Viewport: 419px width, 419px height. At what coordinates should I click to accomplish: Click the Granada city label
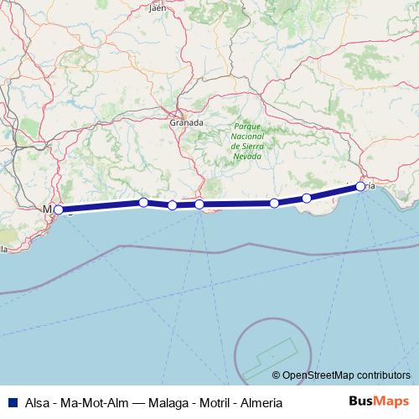(x=186, y=122)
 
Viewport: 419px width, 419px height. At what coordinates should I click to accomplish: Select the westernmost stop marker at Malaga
(x=58, y=209)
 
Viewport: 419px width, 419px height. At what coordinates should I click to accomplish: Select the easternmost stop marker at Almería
(x=360, y=186)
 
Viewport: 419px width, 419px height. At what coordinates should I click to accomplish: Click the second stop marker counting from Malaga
(x=143, y=202)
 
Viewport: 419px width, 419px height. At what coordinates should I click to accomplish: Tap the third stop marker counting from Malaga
(x=172, y=205)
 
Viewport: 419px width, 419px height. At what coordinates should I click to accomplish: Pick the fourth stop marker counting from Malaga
(x=199, y=204)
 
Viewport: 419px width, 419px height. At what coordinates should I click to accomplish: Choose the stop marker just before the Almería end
(x=307, y=198)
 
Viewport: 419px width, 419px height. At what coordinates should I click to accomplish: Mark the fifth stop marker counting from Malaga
(x=274, y=204)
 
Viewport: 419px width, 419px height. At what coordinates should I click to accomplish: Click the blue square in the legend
(x=10, y=402)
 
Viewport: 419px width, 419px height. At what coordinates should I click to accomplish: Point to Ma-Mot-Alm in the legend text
(x=96, y=402)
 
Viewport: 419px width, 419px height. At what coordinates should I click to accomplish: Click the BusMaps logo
(x=378, y=401)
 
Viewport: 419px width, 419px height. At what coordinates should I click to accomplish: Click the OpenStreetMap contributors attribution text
(x=347, y=375)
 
